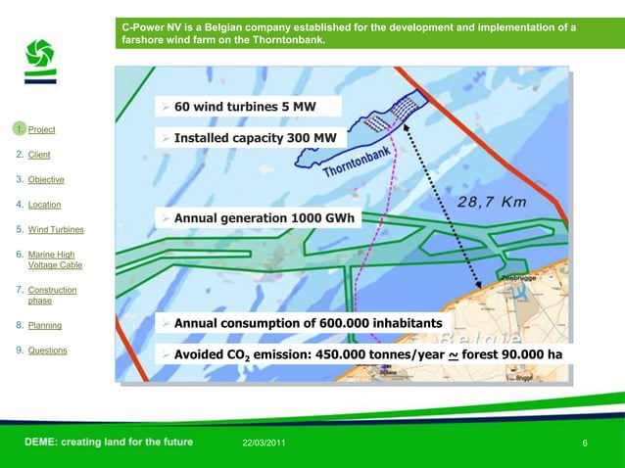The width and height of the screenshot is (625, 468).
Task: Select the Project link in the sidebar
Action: pos(41,130)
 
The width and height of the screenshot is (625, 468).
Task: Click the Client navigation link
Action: pos(39,155)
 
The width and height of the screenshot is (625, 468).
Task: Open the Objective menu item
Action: pos(46,180)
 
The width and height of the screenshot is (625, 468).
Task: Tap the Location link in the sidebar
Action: pos(44,206)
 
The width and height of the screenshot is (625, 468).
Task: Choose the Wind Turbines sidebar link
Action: pos(55,230)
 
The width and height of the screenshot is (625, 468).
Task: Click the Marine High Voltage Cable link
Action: pos(55,260)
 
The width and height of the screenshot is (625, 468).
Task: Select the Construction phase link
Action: pos(52,296)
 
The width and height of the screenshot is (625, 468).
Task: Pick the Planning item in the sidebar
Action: pos(44,326)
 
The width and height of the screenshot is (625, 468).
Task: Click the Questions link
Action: pos(47,351)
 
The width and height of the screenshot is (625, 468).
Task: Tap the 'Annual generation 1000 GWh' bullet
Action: pos(264,217)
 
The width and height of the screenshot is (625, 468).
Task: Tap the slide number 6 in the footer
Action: pos(585,445)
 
